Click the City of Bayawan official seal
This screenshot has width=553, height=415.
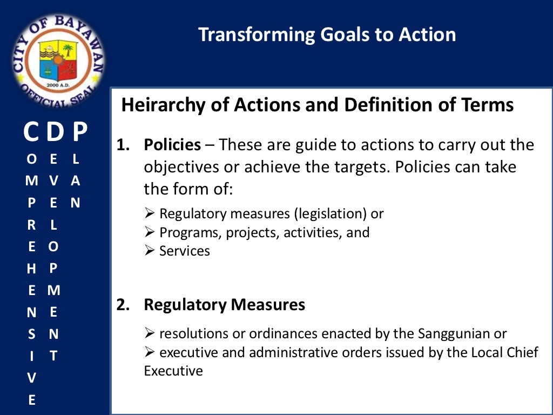[58, 59]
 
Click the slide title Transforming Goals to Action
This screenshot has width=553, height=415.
[327, 35]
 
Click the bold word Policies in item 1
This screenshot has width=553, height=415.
[172, 145]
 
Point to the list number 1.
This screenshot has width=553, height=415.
[124, 145]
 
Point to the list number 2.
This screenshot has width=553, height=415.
[124, 305]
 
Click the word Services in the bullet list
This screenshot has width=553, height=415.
[185, 251]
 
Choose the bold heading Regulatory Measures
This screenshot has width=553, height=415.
[224, 305]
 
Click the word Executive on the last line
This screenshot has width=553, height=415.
[173, 371]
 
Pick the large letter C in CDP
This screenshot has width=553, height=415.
[31, 132]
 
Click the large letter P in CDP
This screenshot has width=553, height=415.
[79, 132]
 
